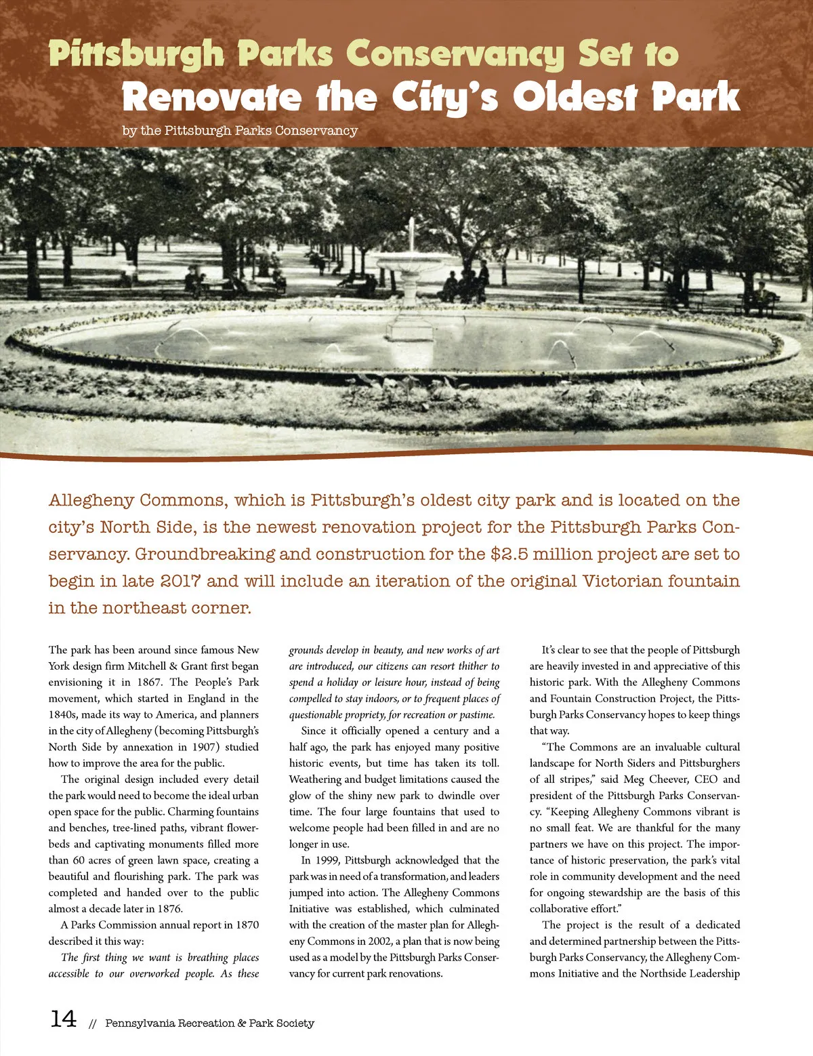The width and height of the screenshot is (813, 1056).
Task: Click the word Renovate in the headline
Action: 211,97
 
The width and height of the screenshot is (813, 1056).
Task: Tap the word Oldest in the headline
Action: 575,97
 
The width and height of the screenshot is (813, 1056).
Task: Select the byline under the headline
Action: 240,130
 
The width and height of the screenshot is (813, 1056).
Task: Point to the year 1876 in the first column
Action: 169,909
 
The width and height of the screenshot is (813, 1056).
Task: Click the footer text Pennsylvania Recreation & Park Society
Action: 209,1023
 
